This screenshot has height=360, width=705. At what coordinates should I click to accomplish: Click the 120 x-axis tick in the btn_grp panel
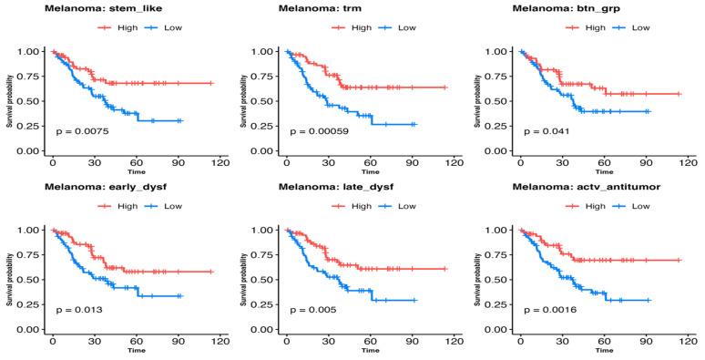(x=685, y=162)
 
